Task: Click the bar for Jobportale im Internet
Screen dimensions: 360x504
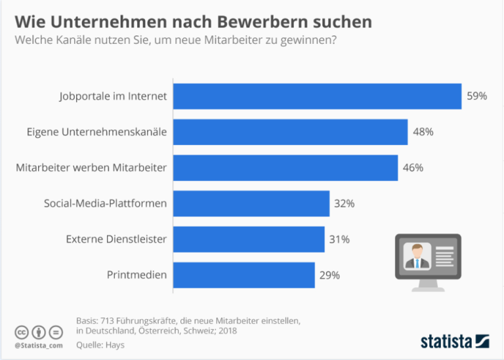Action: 317,96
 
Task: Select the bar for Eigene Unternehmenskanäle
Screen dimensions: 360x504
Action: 290,132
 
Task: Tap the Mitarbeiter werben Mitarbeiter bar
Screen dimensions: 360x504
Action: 285,167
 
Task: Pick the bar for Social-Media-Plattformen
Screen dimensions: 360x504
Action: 251,203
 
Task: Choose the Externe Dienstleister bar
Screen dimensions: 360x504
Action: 249,239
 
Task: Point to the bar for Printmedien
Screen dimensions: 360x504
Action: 244,275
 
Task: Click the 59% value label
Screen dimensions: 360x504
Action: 476,96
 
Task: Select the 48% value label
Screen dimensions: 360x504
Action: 423,132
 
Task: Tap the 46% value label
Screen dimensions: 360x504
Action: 413,167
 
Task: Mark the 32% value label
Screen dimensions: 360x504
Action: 344,203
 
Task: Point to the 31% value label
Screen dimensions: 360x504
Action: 339,239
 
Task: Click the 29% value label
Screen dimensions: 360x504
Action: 329,275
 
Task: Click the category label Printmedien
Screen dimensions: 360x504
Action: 136,275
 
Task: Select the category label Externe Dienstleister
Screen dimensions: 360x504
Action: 116,239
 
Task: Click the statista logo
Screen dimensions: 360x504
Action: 454,341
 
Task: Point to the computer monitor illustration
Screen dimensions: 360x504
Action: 427,259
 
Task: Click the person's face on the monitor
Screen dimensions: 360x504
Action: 416,252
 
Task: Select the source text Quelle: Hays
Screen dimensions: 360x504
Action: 100,344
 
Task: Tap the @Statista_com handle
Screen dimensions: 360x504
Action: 39,346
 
